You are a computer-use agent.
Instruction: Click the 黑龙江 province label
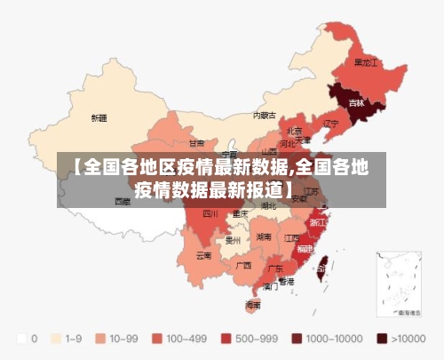coord(366,63)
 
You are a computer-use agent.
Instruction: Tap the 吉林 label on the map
coord(356,103)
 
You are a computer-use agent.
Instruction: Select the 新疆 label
coord(99,117)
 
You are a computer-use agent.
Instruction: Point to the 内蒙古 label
coord(264,115)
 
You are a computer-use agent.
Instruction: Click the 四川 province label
coord(210,213)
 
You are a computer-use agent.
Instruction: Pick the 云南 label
coord(203,255)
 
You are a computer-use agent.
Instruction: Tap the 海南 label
coord(253,305)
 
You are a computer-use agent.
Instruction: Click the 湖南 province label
coord(263,237)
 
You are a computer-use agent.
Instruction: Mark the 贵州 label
coord(234,240)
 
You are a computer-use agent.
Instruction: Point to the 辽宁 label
coord(331,123)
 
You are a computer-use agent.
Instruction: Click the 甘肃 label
coord(196,142)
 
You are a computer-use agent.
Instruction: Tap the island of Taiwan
coord(322,261)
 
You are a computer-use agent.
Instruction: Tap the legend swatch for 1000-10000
coord(297,339)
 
